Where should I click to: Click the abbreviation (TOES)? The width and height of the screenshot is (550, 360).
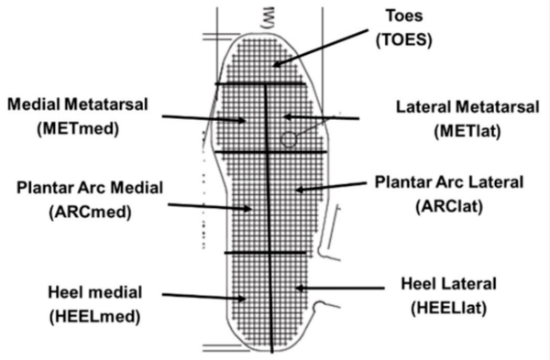click(403, 40)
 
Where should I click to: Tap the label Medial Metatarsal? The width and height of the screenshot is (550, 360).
click(78, 104)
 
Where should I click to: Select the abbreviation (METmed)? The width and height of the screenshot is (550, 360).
click(78, 128)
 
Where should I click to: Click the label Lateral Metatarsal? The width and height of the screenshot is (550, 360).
click(467, 107)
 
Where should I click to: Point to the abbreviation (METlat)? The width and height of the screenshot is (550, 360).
click(467, 132)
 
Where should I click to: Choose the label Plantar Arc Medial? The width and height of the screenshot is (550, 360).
click(90, 188)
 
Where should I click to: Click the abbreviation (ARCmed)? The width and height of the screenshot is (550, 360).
click(90, 213)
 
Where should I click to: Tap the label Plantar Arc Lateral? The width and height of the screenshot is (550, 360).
click(449, 182)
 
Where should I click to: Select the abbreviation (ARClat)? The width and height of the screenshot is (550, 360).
click(449, 206)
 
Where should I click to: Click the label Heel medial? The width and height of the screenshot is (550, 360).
click(95, 292)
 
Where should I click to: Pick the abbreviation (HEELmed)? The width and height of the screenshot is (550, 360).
click(95, 317)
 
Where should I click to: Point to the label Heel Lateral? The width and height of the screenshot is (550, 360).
click(448, 284)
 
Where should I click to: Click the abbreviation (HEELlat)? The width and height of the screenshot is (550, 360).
click(448, 308)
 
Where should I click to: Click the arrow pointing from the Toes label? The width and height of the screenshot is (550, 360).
click(320, 48)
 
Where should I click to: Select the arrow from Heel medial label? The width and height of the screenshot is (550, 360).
click(204, 297)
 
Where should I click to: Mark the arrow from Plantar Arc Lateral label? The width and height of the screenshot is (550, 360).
click(331, 187)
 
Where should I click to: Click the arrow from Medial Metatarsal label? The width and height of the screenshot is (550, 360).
click(204, 118)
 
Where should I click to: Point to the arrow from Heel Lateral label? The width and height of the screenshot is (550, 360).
click(340, 289)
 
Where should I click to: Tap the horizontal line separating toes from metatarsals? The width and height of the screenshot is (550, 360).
click(260, 83)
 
